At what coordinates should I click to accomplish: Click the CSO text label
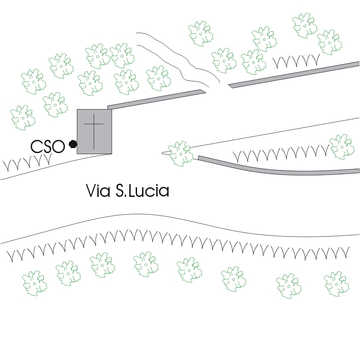(x=48, y=146)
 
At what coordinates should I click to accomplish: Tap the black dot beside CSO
(x=72, y=144)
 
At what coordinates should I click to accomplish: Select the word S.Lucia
(x=141, y=191)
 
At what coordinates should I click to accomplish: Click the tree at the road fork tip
(x=181, y=153)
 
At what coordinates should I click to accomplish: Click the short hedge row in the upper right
(x=296, y=61)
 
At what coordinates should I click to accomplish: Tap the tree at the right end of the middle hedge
(x=341, y=147)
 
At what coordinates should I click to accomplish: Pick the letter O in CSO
(x=58, y=146)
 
